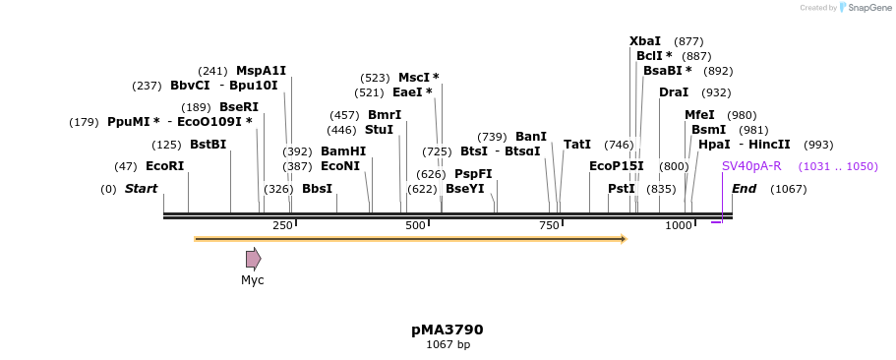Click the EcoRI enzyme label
point(164,166)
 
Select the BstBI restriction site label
point(208,145)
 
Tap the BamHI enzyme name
point(343,151)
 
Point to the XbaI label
point(645,41)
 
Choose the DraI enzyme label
point(674,92)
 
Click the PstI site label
point(622,189)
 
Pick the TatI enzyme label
point(577,145)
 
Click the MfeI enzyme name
point(699,115)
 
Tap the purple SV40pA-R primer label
point(751,166)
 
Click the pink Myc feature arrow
point(254,259)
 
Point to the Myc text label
point(253,280)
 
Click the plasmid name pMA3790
point(448,330)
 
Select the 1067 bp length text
point(448,345)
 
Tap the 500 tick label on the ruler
point(415,226)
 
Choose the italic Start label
point(141,189)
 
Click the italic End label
point(744,189)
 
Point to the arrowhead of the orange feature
point(623,239)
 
